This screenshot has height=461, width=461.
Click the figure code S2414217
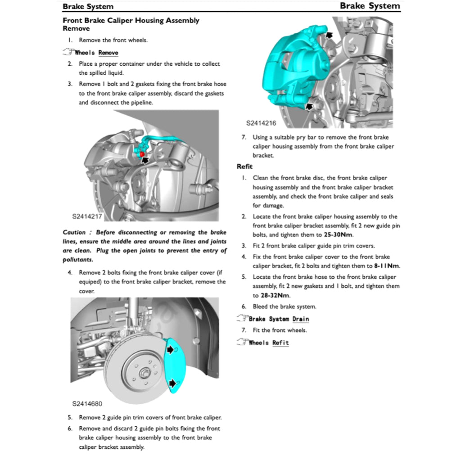[x=87, y=217]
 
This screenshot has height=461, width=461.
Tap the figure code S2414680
[x=87, y=403]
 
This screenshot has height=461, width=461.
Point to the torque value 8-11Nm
[x=387, y=266]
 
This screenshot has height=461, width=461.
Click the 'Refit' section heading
[x=245, y=167]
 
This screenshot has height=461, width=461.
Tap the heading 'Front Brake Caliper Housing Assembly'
[x=131, y=20]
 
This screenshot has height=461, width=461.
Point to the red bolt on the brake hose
[x=142, y=154]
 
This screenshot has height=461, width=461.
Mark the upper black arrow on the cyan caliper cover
[x=171, y=350]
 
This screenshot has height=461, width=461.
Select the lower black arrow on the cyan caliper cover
[x=172, y=383]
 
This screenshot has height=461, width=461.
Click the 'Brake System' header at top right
[x=370, y=6]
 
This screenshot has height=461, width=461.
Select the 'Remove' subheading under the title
[x=76, y=28]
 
